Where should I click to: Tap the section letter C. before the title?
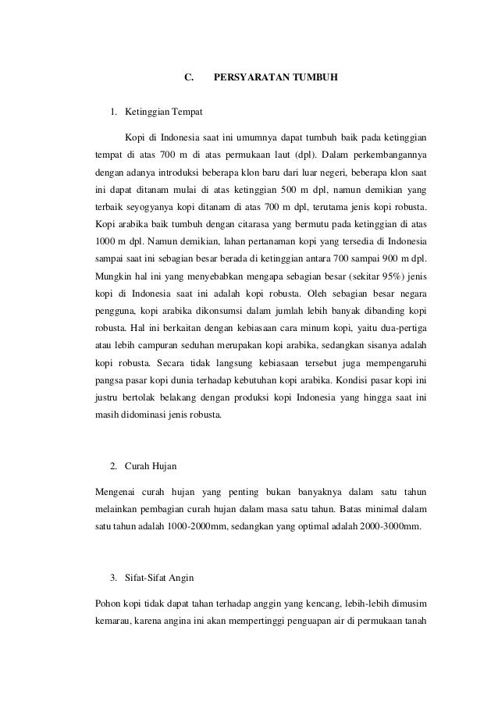click(x=188, y=78)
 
